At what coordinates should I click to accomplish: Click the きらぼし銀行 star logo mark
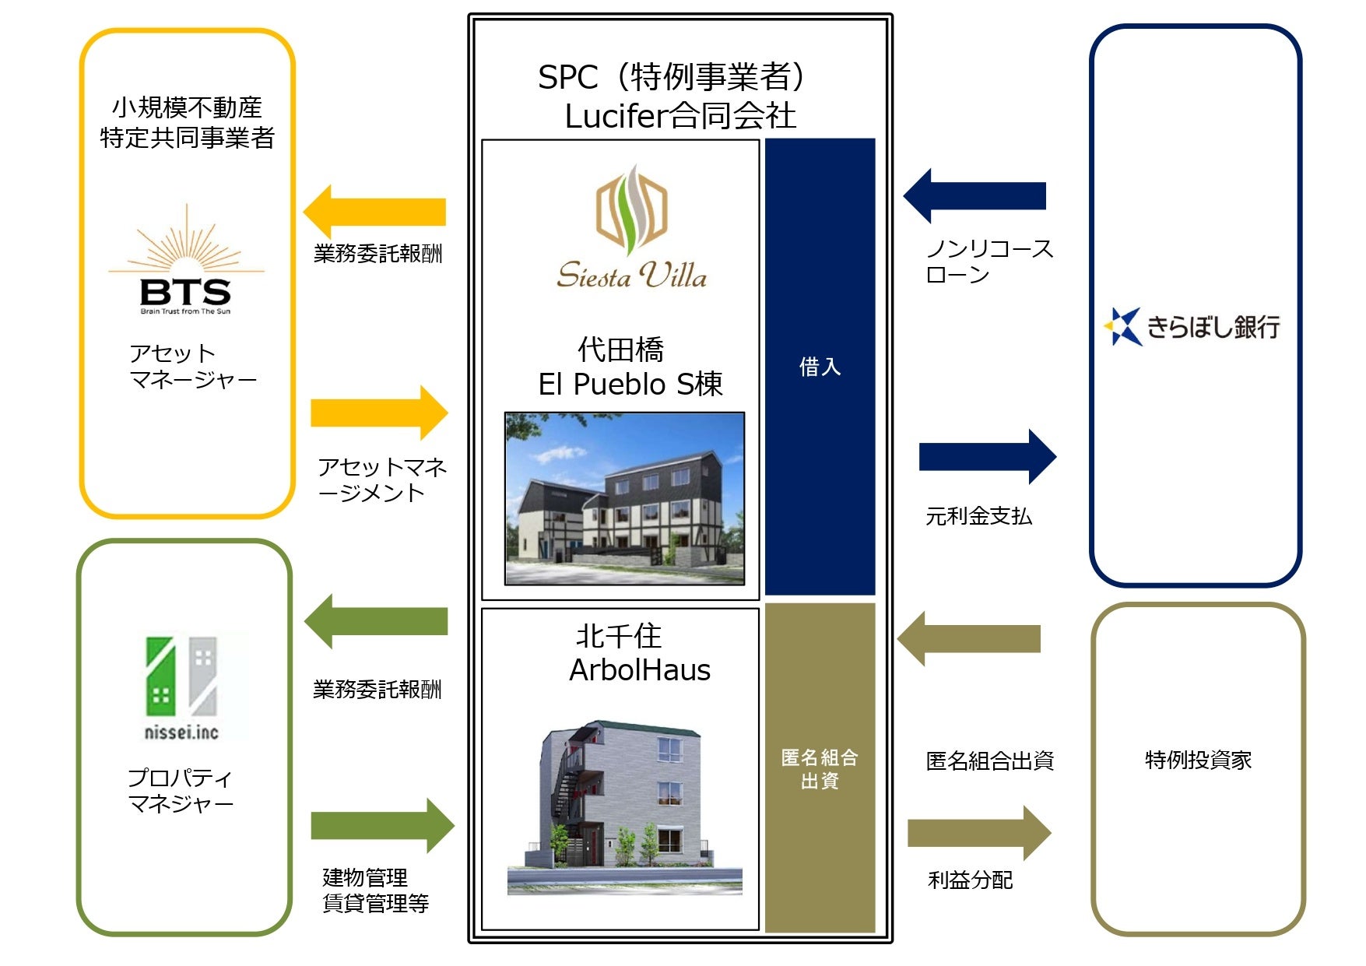click(1124, 327)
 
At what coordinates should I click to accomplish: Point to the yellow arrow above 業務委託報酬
click(374, 212)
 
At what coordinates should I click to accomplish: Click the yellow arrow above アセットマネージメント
click(379, 413)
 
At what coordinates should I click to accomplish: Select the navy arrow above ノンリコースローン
click(974, 196)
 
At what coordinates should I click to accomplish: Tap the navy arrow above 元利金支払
click(988, 457)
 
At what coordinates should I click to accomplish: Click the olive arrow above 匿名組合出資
click(968, 639)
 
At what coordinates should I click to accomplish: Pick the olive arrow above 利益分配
click(979, 834)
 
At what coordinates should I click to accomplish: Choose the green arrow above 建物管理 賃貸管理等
click(382, 826)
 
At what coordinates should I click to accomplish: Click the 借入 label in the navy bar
click(820, 367)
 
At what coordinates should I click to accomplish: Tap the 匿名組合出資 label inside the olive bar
click(820, 769)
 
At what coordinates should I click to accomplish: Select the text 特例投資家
click(1198, 760)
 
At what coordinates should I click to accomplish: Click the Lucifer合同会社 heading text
click(680, 117)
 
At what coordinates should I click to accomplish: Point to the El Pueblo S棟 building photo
click(624, 499)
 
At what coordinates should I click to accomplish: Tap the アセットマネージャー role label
click(192, 367)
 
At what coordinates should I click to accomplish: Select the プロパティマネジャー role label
click(181, 790)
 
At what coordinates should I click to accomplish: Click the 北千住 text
click(619, 636)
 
